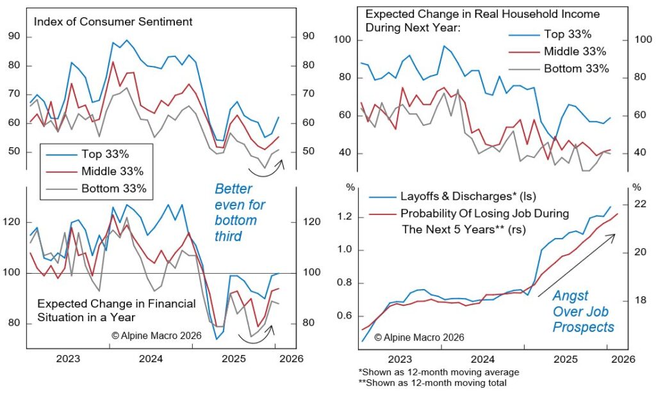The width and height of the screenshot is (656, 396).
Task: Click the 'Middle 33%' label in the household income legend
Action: pos(574,52)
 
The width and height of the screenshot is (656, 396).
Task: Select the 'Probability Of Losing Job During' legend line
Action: pos(484,213)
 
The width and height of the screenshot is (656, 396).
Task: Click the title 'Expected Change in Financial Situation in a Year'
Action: pos(117,310)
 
